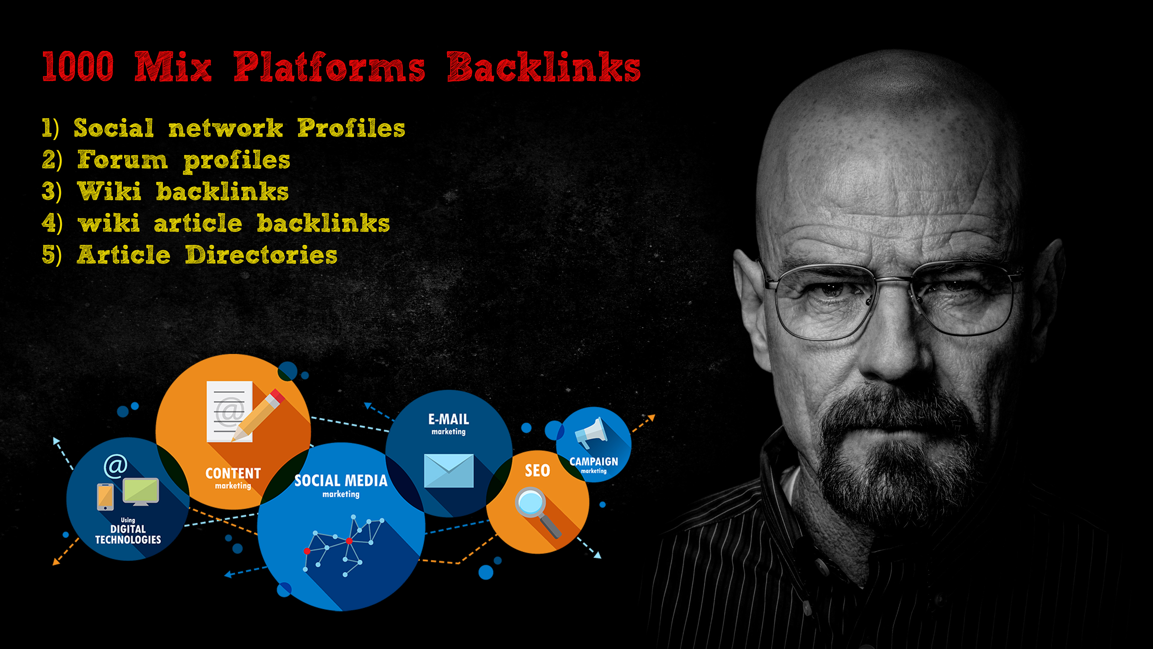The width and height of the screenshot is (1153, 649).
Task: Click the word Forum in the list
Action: point(122,160)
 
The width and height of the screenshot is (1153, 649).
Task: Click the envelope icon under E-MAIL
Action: point(449,470)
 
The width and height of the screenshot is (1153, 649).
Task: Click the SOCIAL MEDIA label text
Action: point(340,481)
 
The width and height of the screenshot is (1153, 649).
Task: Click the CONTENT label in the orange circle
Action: point(233,474)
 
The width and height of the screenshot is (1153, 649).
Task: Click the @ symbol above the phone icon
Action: point(116,466)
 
